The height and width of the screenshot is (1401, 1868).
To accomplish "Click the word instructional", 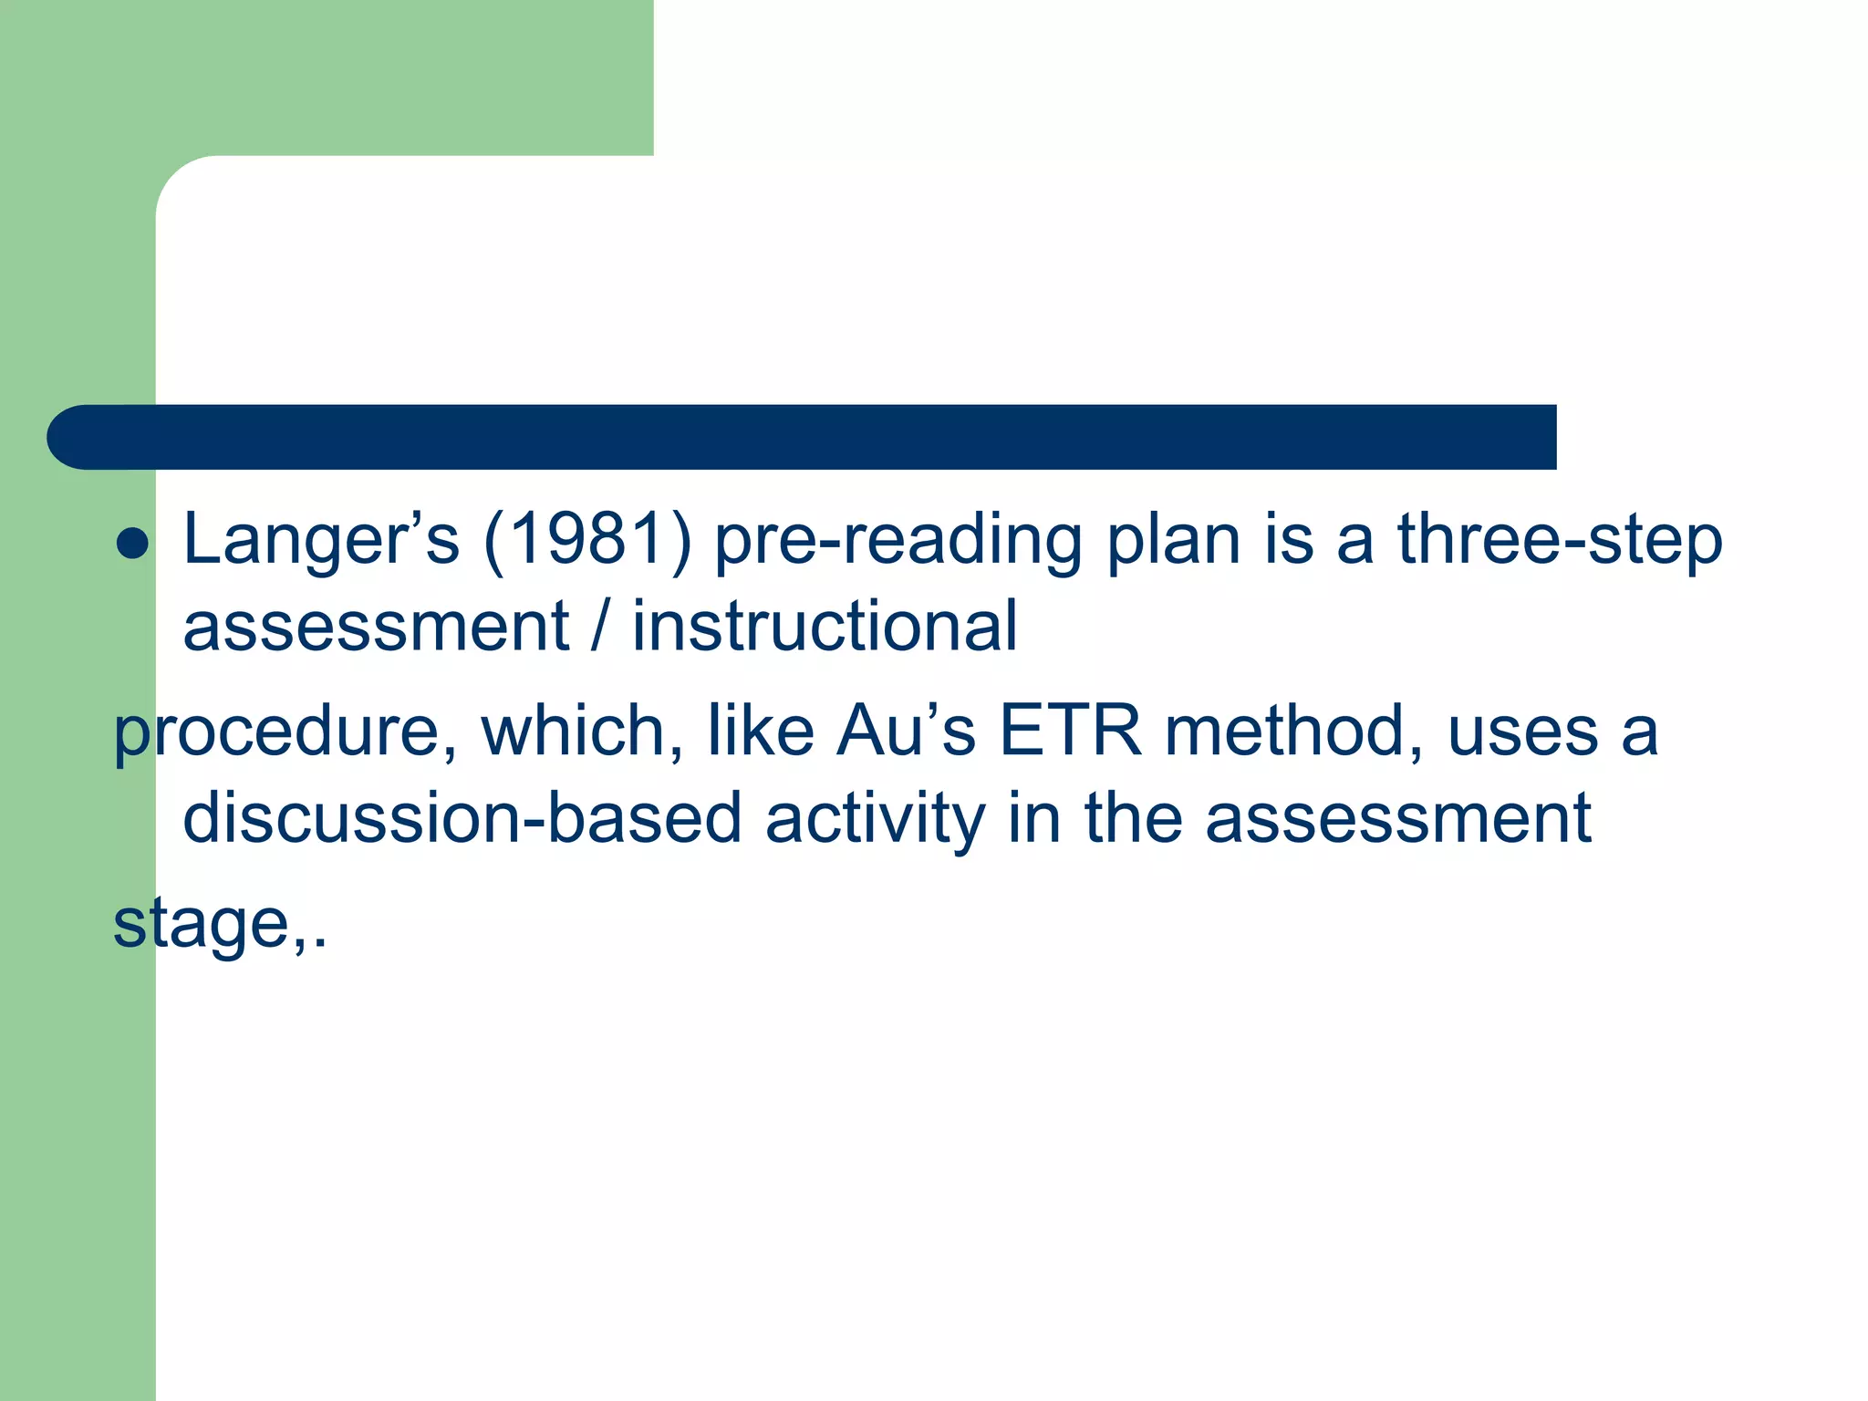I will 825,628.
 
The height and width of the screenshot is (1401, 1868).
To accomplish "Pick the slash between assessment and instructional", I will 599,628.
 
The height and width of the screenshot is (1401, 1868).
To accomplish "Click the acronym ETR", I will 1070,732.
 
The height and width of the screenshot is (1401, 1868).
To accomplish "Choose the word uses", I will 1522,733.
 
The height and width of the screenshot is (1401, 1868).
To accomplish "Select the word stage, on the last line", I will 213,925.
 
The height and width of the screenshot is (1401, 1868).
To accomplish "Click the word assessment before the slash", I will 376,628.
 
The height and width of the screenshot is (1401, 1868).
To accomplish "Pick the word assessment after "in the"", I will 1397,818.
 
